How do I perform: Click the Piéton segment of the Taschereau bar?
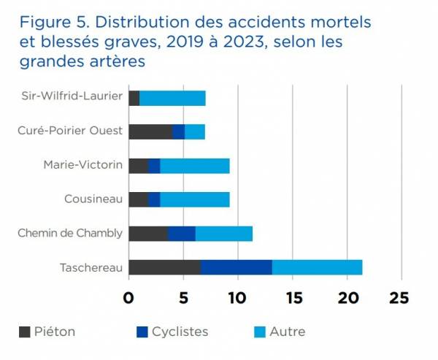165,267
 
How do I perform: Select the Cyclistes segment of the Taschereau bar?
237,267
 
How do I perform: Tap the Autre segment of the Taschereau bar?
317,267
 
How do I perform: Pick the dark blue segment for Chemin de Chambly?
182,234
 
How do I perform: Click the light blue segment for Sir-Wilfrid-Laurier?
172,98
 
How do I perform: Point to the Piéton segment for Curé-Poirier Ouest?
150,131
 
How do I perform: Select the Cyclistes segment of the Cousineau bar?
154,199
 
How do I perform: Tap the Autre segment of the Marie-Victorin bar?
194,166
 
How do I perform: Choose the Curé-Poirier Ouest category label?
70,131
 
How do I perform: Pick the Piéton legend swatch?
24,332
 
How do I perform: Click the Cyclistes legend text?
180,332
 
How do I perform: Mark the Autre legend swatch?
259,332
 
